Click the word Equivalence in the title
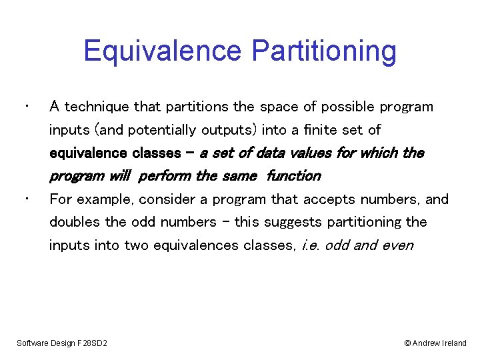tap(163, 51)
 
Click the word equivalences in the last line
tap(195, 245)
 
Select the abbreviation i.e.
tap(311, 245)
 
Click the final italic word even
tap(398, 245)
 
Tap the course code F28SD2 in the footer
tap(91, 343)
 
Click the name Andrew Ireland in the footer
tap(439, 343)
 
